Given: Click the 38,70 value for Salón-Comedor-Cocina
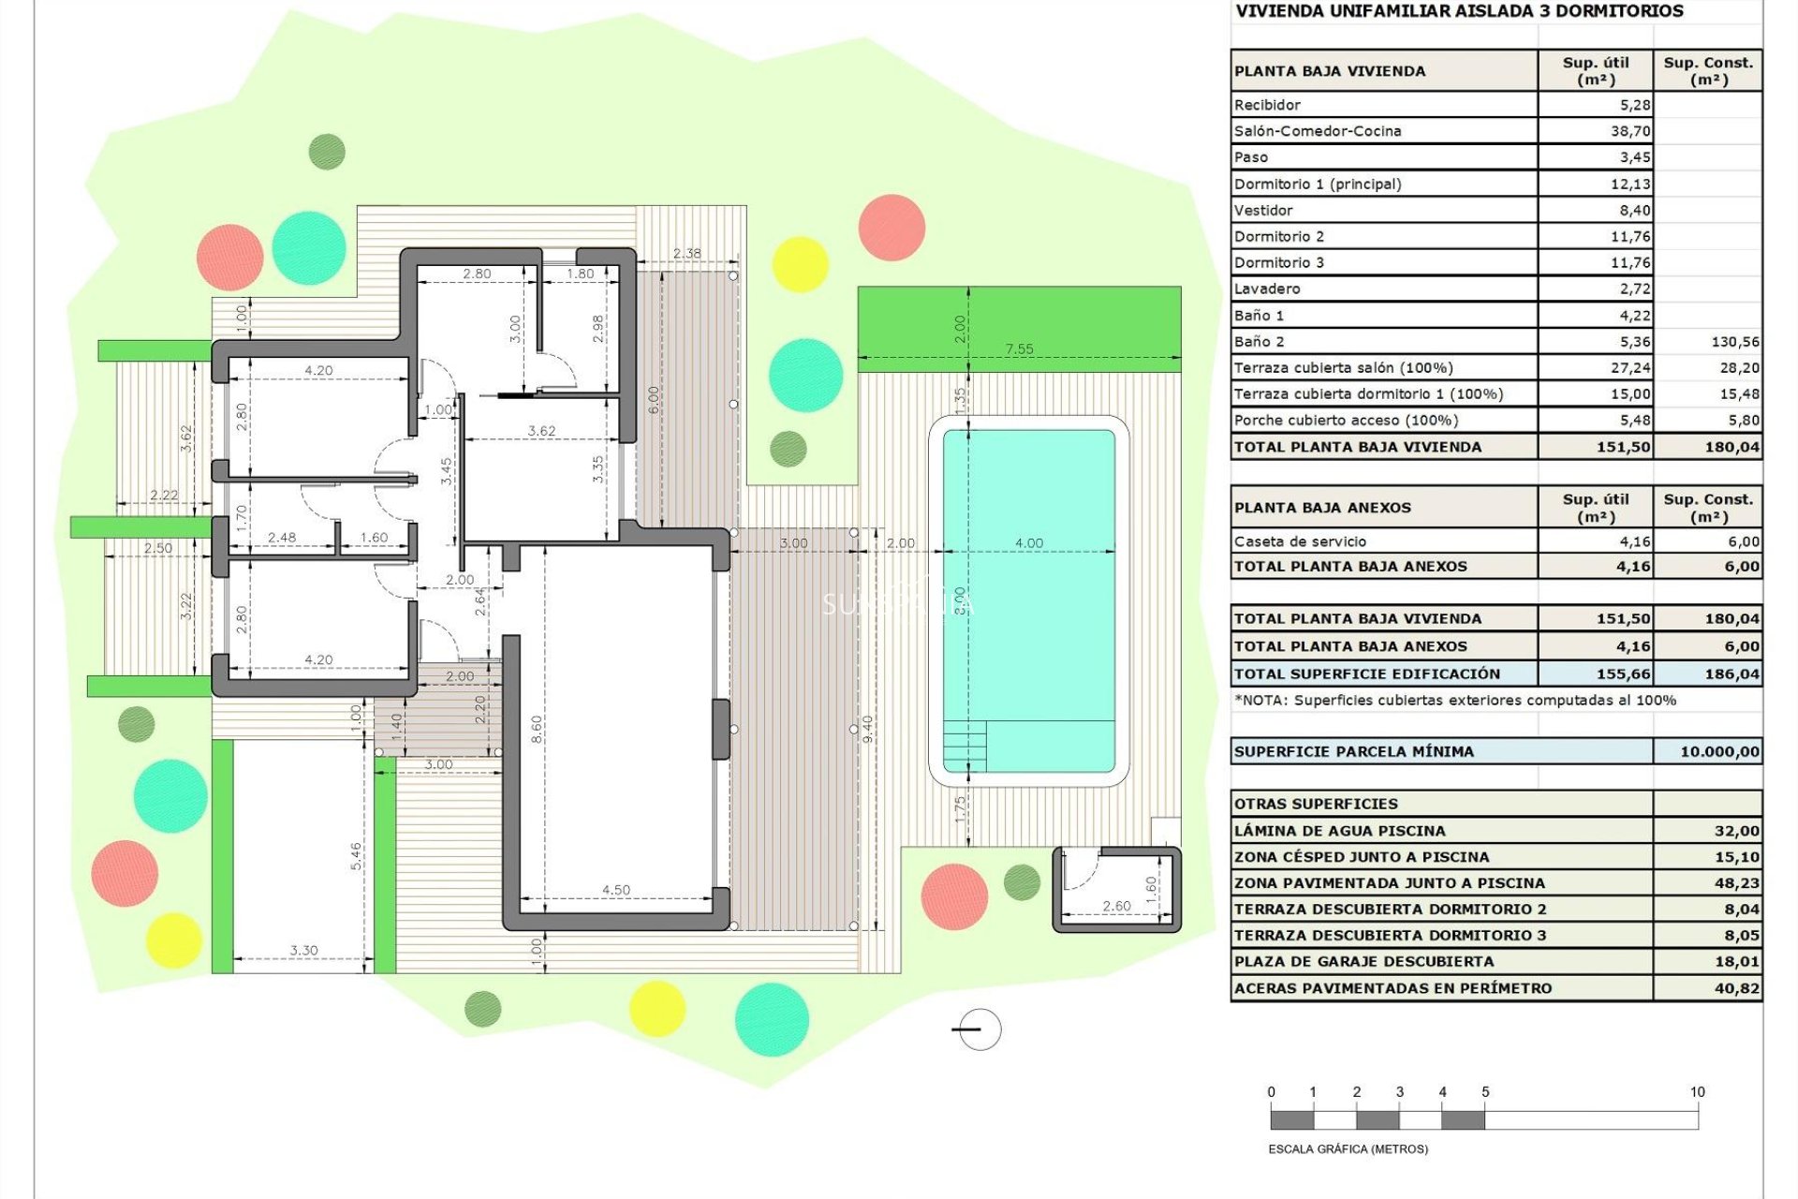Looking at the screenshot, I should tap(1629, 131).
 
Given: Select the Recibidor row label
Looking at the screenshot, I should tap(1267, 105).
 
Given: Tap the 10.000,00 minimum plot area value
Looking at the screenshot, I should tap(1719, 751).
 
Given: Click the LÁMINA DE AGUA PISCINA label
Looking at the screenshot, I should tap(1339, 831).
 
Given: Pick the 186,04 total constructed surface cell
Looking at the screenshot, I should tap(1732, 674).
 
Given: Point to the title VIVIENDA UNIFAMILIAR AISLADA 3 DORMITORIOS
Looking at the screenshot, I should tap(1459, 11).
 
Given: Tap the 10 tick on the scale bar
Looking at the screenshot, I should tap(1697, 1092).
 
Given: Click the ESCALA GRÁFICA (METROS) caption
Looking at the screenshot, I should tap(1348, 1149).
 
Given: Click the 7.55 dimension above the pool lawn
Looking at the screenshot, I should tap(1019, 349).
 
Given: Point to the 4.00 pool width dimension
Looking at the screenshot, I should tap(1028, 543).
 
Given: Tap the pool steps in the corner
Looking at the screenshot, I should tap(965, 746).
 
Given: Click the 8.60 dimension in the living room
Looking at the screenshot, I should tap(537, 729).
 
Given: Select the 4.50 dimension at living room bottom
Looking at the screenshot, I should tap(615, 890).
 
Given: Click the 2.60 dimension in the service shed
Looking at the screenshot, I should tap(1116, 906).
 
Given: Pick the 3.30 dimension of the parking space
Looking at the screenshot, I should tap(303, 950).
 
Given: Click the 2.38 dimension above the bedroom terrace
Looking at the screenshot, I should tap(686, 253).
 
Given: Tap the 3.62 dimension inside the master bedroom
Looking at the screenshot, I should tap(541, 431).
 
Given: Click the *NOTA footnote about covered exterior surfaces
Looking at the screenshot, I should tap(1454, 700).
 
